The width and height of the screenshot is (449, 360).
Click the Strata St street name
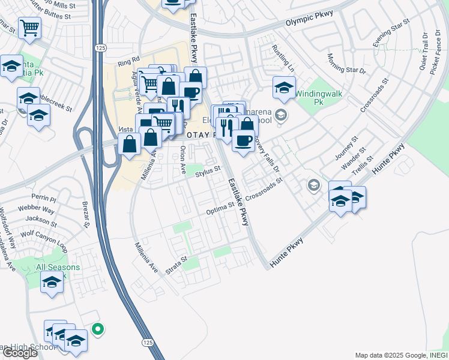[176, 262]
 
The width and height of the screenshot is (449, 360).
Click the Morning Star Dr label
[346, 64]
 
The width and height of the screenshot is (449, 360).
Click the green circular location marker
[98, 329]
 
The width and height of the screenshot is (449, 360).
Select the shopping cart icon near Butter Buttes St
[29, 27]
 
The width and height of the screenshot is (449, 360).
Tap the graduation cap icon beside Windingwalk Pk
[284, 88]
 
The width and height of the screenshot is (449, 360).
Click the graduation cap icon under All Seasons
[52, 281]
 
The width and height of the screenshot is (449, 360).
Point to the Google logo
[20, 353]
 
